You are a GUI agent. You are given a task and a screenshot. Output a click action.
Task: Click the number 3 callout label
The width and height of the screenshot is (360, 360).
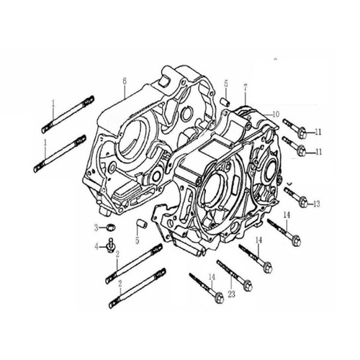[x=96, y=228]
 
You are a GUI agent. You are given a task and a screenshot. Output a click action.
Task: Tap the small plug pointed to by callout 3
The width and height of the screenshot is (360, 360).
[x=111, y=227]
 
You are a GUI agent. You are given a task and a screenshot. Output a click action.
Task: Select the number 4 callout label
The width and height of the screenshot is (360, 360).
[x=96, y=246]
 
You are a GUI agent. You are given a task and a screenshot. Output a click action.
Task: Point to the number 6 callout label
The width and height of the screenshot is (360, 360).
[x=125, y=81]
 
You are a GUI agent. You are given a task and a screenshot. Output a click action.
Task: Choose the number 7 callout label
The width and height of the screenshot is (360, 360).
[x=245, y=89]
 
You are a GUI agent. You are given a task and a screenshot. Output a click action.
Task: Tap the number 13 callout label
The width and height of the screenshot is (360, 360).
[x=317, y=204]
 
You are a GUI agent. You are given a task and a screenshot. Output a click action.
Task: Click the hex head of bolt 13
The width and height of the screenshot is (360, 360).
[x=303, y=202]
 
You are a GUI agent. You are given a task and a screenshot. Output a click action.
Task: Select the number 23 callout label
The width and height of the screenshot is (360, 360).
[x=232, y=294]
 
